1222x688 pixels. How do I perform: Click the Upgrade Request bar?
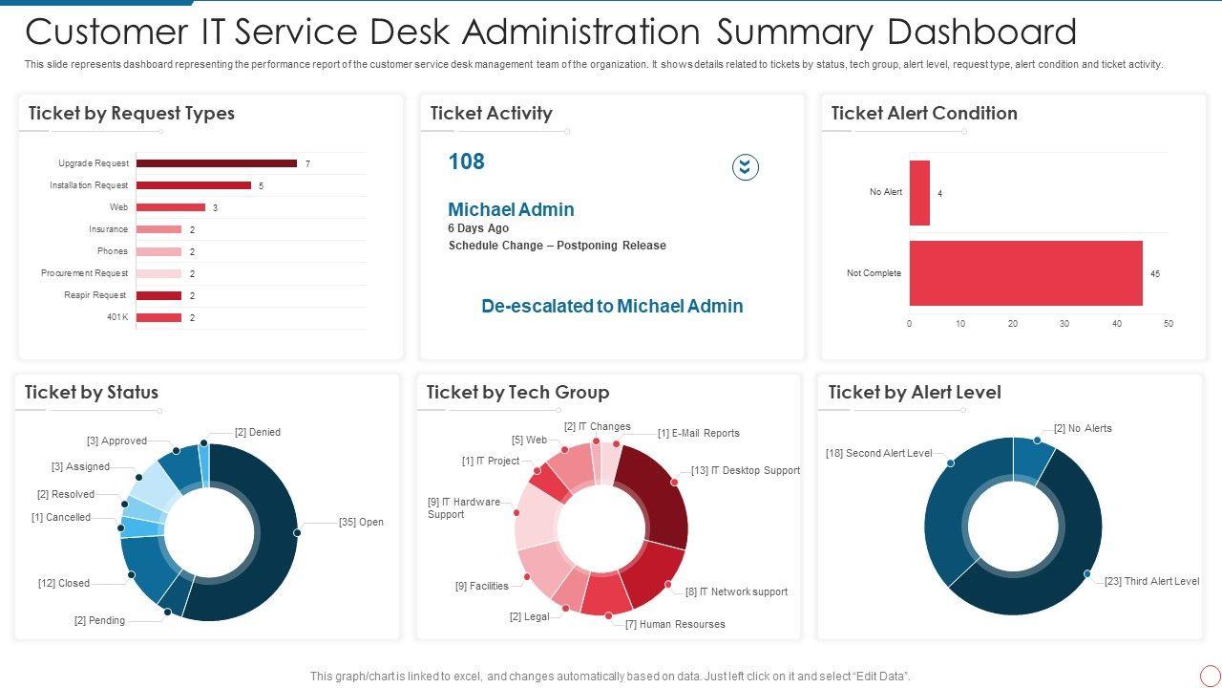pos(216,163)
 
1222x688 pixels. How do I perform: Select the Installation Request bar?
pos(193,185)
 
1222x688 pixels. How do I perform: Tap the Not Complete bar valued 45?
pos(1025,273)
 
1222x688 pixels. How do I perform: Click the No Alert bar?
pos(919,193)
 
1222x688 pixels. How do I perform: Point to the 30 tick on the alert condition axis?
pos(1064,324)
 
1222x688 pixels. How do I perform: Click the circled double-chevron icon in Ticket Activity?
pos(746,167)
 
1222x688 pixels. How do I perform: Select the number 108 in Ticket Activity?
pos(467,161)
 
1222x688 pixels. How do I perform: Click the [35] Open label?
pos(361,523)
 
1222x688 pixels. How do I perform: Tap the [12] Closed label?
pos(64,583)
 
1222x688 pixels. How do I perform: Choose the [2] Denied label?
pos(258,433)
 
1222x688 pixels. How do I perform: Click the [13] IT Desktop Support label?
pos(746,471)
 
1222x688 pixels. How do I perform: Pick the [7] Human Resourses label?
pos(675,625)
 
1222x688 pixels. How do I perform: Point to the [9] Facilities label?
pos(482,587)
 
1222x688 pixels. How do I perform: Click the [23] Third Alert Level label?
pos(1151,582)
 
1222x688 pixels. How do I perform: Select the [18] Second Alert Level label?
pos(878,454)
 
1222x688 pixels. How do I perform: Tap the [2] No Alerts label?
pos(1083,429)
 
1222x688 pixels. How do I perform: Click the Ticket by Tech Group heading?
pos(517,393)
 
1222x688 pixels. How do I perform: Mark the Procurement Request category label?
pos(84,273)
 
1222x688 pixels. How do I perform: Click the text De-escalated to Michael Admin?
pos(612,307)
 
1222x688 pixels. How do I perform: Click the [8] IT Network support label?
pos(736,592)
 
